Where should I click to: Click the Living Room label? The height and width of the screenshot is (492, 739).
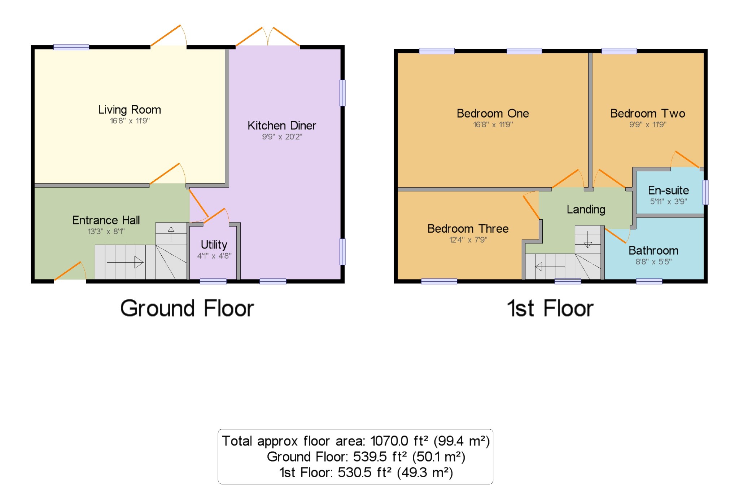(130, 110)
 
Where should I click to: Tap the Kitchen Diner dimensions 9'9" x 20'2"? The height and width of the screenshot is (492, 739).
(282, 137)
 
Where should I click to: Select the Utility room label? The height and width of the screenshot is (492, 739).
(214, 245)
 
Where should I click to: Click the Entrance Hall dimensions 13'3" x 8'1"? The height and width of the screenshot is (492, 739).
(106, 232)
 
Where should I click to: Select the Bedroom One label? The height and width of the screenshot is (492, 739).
(493, 113)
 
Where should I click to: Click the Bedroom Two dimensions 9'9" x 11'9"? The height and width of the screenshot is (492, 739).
(648, 125)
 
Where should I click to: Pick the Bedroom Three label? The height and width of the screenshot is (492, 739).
(468, 229)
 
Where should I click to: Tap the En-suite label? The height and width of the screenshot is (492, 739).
(668, 190)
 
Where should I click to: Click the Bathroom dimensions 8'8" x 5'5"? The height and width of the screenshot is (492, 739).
(653, 262)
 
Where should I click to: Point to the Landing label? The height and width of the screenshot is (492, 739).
(586, 209)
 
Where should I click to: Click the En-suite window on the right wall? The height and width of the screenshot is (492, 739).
(705, 192)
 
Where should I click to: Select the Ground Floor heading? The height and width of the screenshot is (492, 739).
(187, 308)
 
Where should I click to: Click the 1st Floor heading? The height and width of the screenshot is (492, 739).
(550, 308)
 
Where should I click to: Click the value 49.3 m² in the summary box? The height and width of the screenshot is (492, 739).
(425, 473)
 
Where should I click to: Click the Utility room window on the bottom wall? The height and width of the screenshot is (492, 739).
(213, 281)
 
